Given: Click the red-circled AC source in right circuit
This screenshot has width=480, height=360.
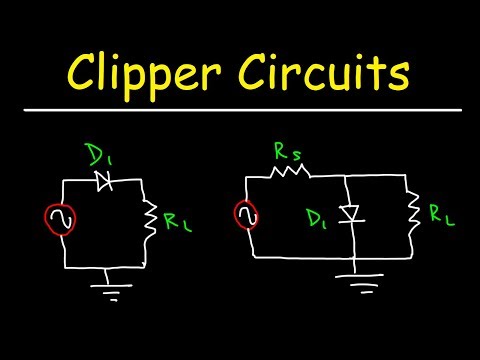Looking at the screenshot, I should (x=246, y=212).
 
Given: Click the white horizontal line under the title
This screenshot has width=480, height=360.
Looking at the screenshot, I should (x=240, y=109).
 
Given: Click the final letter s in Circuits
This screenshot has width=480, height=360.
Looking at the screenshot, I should (x=405, y=72).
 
